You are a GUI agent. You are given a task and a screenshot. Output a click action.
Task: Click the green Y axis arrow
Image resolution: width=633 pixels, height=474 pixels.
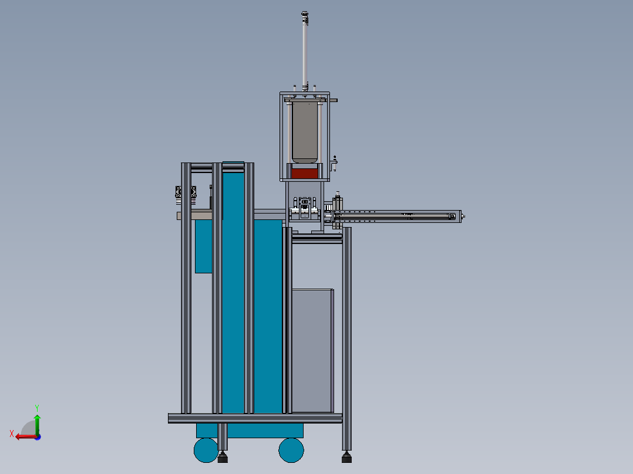click(37, 424)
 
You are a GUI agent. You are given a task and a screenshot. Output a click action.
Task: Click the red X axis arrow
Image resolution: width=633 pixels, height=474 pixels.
click(26, 436)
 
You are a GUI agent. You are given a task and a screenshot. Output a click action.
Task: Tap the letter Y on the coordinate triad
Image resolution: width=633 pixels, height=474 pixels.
click(37, 408)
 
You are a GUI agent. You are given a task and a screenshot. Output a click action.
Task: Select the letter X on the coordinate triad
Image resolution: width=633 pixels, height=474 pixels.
click(12, 434)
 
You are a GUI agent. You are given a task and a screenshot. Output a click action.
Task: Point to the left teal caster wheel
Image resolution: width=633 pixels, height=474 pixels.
click(206, 450)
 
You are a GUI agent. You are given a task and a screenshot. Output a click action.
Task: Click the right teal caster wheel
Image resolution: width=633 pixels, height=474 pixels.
click(291, 450)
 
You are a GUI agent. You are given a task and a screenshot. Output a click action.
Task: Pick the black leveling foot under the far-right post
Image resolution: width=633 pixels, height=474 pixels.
click(346, 458)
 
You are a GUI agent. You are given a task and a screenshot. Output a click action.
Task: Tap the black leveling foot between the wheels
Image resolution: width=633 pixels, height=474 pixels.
click(223, 458)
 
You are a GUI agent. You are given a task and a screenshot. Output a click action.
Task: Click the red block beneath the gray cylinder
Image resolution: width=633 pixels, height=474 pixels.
click(304, 174)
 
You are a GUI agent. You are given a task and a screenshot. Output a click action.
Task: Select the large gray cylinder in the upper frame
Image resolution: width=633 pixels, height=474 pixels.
click(305, 133)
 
